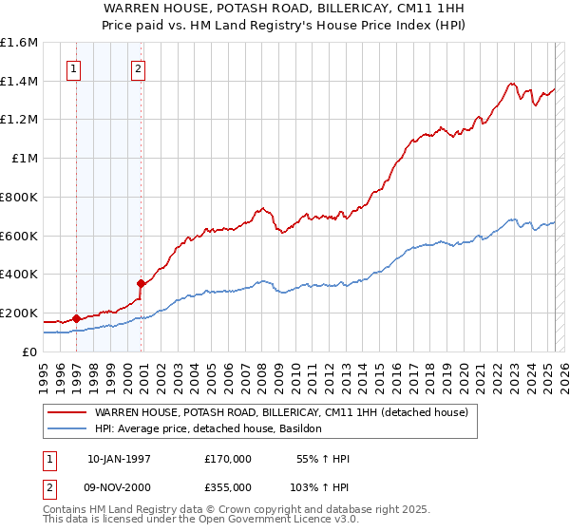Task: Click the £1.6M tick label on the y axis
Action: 19,43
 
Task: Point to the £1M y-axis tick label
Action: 25,159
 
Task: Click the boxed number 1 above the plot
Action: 75,68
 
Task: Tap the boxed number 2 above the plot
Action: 139,68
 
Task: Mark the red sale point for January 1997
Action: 76,318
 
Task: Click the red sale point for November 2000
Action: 141,283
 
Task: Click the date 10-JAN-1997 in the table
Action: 119,459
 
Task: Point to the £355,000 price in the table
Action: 228,486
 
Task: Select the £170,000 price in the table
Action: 228,459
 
